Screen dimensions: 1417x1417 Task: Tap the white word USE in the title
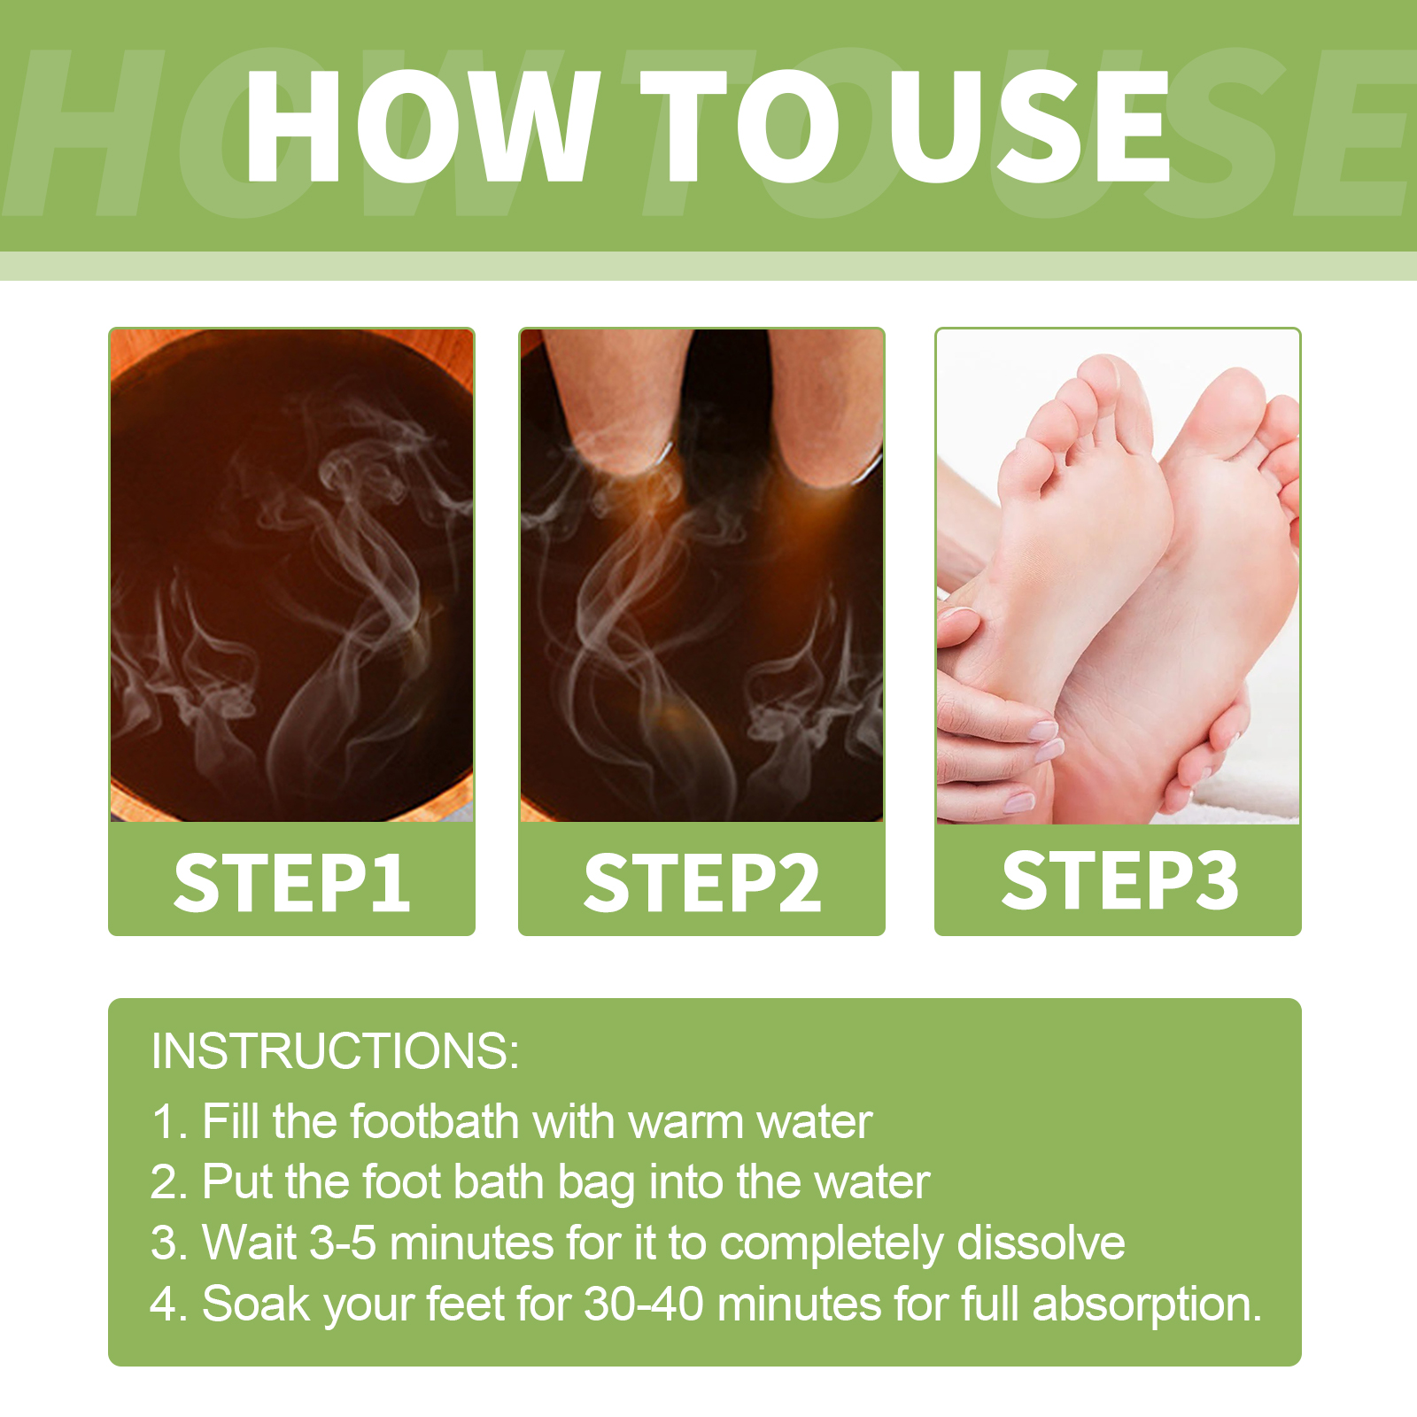click(1029, 126)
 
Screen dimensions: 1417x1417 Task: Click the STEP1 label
click(292, 882)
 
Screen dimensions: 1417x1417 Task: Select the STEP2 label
click(701, 882)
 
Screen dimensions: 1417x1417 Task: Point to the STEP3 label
click(1119, 879)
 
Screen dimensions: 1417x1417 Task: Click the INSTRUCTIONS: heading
click(335, 1051)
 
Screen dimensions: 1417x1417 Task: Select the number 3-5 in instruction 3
click(343, 1243)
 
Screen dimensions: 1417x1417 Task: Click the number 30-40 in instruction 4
click(644, 1304)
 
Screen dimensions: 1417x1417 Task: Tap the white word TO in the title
click(739, 126)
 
